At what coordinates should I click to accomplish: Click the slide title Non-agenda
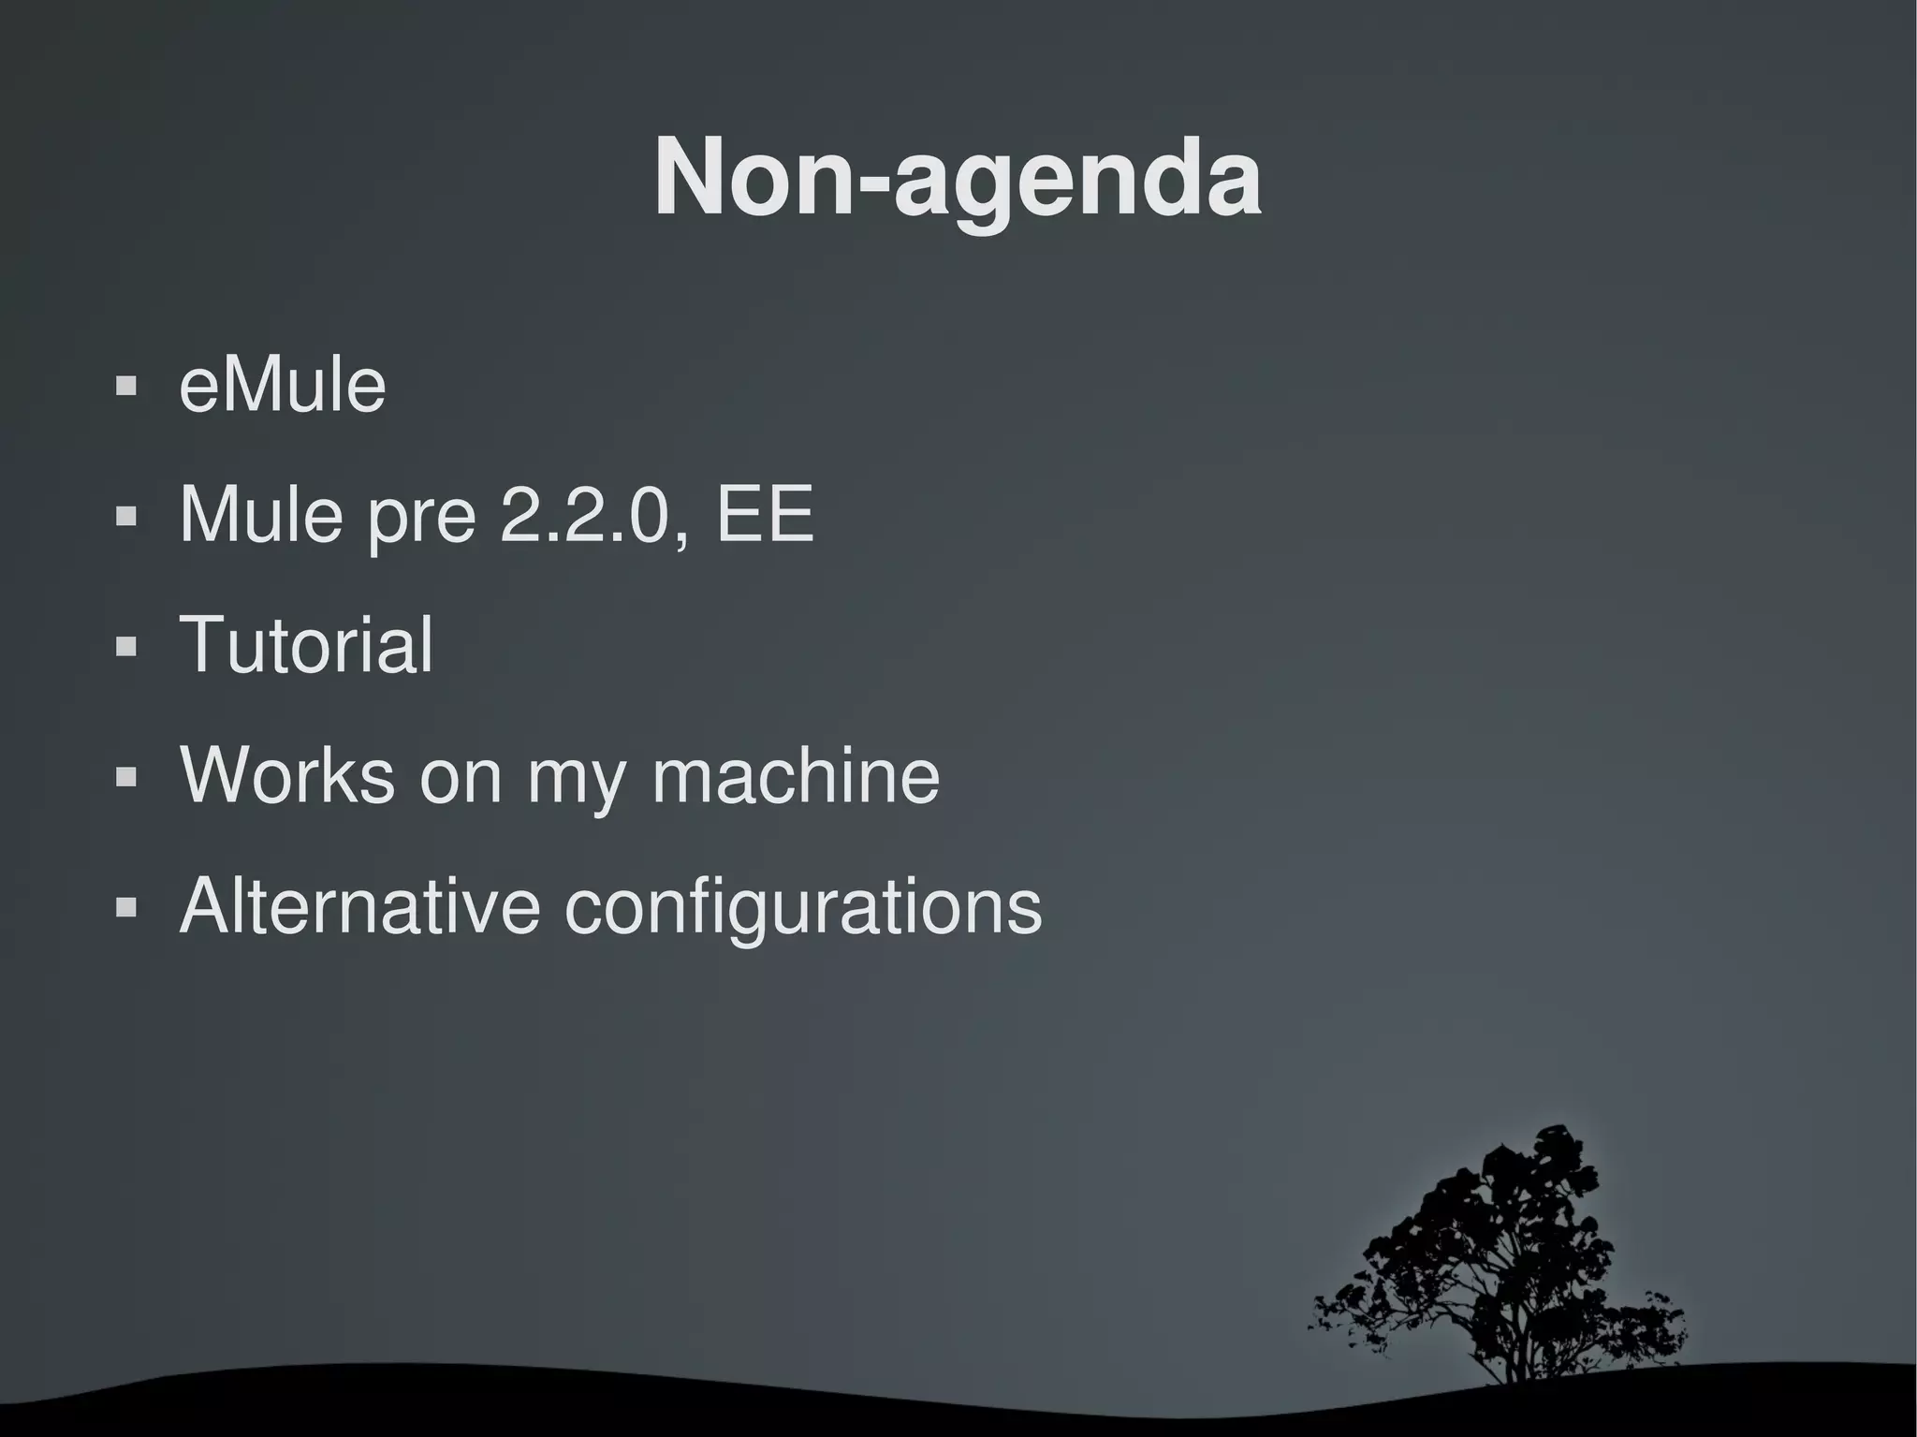[x=958, y=178]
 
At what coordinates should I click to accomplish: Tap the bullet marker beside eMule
[x=125, y=386]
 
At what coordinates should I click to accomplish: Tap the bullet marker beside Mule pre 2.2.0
[x=125, y=516]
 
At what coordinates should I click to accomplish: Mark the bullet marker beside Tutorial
[x=125, y=646]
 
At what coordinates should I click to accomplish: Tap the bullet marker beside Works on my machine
[x=125, y=776]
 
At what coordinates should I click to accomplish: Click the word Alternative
[x=359, y=905]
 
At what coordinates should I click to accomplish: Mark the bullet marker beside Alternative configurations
[x=125, y=906]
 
